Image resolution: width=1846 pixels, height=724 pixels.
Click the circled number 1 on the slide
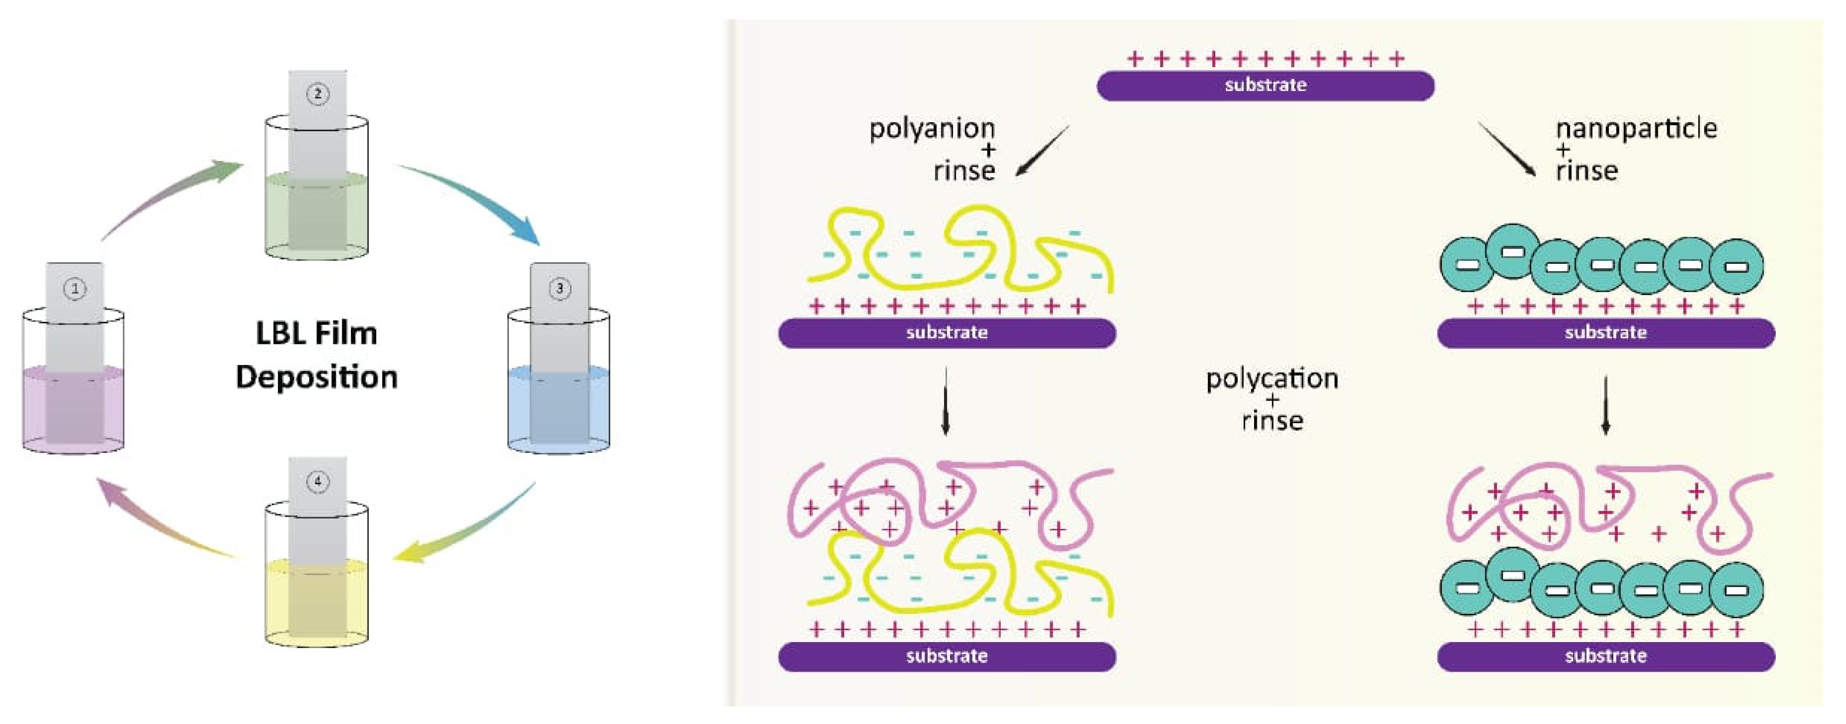(75, 289)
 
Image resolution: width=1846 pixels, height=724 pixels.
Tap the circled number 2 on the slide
(317, 94)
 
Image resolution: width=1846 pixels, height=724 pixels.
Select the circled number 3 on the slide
(560, 289)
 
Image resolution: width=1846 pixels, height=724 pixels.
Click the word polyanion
(932, 129)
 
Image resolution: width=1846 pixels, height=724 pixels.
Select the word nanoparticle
(1636, 129)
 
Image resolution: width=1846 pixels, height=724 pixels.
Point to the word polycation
(1272, 378)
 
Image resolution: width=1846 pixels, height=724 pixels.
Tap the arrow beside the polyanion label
(1043, 151)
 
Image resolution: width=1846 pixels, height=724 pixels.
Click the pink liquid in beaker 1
(73, 409)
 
